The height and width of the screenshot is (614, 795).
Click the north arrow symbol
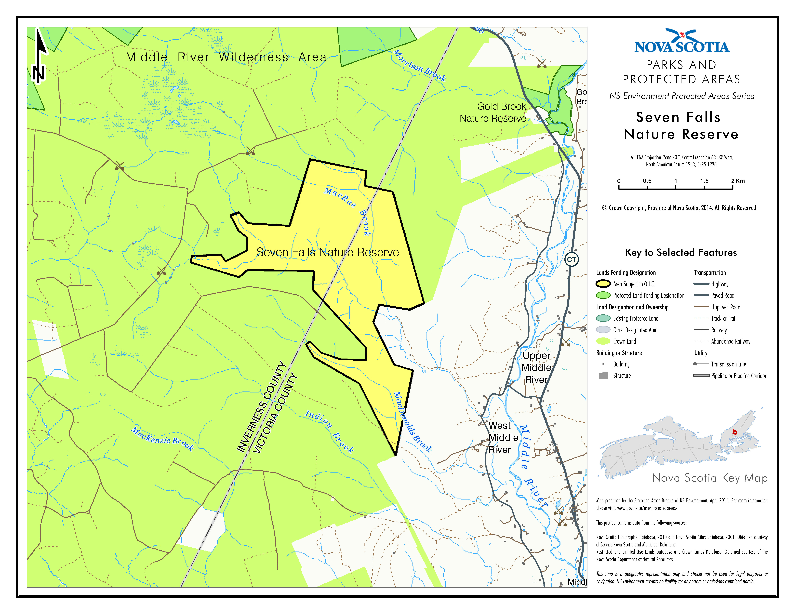(x=39, y=56)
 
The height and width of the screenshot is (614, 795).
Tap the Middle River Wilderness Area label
(x=226, y=57)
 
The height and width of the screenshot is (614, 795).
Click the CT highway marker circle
(x=572, y=259)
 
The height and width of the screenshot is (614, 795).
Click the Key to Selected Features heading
(x=681, y=252)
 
